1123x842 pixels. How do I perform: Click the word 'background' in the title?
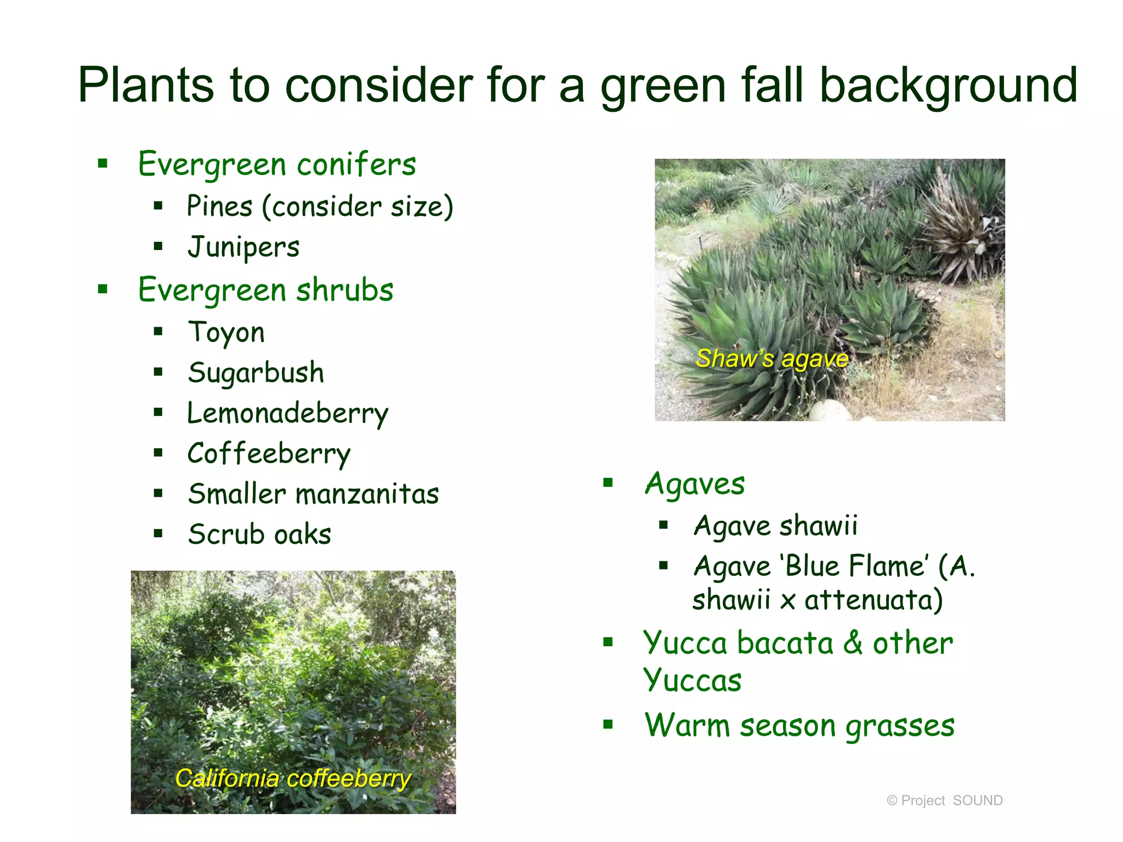pyautogui.click(x=948, y=86)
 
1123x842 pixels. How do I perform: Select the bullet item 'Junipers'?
pyautogui.click(x=243, y=247)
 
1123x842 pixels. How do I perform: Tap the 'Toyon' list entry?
pyautogui.click(x=226, y=332)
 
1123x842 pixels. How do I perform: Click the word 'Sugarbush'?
pyautogui.click(x=256, y=373)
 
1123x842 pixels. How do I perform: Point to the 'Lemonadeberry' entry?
pyautogui.click(x=287, y=413)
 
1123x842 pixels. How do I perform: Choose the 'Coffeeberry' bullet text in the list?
pyautogui.click(x=269, y=454)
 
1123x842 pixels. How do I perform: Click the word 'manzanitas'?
pyautogui.click(x=367, y=494)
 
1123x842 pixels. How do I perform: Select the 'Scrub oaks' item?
pyautogui.click(x=259, y=534)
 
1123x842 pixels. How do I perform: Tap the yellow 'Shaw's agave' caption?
pyautogui.click(x=772, y=359)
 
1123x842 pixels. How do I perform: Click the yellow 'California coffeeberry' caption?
pyautogui.click(x=293, y=778)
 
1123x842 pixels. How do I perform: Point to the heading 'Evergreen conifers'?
pyautogui.click(x=277, y=164)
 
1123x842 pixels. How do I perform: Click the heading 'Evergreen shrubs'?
pyautogui.click(x=265, y=290)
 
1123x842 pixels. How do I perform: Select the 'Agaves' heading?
pyautogui.click(x=695, y=484)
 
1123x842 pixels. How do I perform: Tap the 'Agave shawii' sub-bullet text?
pyautogui.click(x=775, y=526)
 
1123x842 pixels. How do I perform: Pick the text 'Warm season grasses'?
pyautogui.click(x=799, y=726)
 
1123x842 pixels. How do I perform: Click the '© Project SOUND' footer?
pyautogui.click(x=944, y=800)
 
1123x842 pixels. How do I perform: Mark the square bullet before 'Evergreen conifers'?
pyautogui.click(x=103, y=163)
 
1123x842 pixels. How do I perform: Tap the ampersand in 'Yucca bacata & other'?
pyautogui.click(x=853, y=643)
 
